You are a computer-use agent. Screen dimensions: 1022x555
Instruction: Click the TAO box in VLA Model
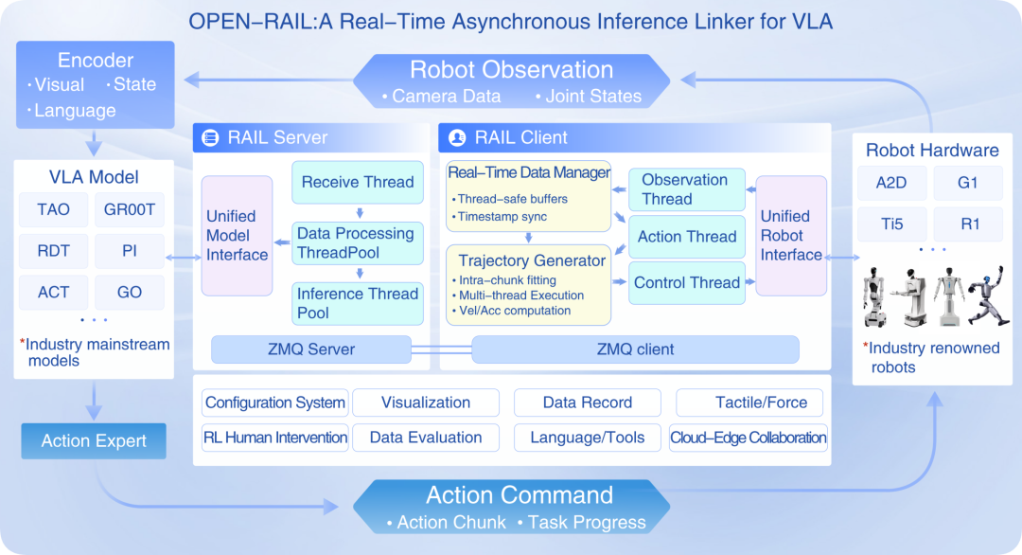coord(53,209)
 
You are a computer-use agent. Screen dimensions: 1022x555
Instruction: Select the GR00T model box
coord(130,209)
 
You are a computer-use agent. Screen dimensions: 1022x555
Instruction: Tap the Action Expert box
coord(94,440)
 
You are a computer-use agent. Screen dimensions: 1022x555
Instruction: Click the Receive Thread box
coord(358,182)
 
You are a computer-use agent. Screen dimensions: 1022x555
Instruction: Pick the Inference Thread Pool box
coord(358,303)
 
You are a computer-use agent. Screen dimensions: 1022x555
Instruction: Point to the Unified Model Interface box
coord(238,236)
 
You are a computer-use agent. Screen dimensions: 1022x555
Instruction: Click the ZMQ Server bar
coord(311,349)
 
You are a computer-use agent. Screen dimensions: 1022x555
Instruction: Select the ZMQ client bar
coord(636,349)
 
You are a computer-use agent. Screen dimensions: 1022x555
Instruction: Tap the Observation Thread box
coord(687,189)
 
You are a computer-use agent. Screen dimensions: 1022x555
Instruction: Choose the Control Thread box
coord(687,283)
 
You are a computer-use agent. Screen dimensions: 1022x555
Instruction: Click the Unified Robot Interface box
coord(791,236)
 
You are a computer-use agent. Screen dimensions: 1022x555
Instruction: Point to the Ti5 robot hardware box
coord(891,224)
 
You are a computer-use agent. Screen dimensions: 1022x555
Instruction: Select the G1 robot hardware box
coord(968,183)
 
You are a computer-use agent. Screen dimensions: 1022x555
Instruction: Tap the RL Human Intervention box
coord(275,438)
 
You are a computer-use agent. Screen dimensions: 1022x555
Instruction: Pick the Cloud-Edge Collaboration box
coord(749,438)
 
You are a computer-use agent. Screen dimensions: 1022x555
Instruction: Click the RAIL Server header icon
coord(210,137)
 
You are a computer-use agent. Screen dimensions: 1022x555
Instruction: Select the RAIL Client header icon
coord(457,137)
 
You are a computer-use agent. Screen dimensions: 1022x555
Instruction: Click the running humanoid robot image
coord(988,295)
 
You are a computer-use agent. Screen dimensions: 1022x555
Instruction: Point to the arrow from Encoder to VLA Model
coord(94,142)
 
